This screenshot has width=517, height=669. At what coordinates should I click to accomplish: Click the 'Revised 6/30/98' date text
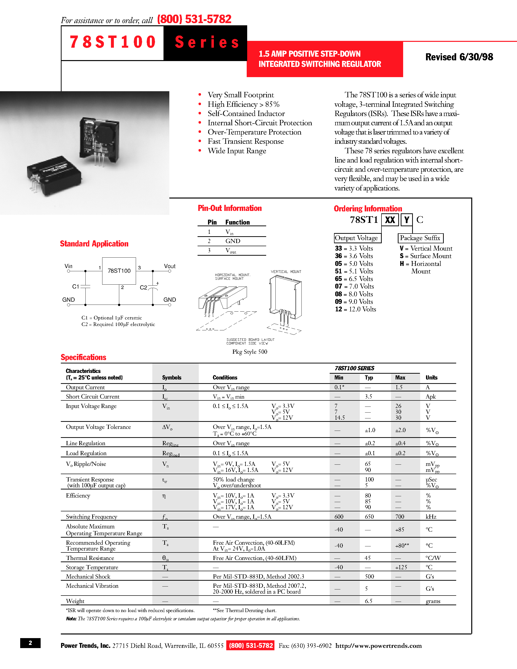459,57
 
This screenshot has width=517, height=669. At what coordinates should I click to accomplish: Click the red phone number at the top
194,19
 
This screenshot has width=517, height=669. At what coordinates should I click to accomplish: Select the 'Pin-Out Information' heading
229,208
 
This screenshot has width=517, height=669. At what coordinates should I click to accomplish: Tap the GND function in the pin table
233,241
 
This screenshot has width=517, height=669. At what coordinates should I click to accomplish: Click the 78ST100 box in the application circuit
119,271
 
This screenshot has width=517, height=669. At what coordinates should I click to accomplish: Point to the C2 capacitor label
143,288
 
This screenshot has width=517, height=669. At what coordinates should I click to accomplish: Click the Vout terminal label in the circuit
169,266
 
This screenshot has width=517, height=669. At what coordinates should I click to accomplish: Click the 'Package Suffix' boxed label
420,238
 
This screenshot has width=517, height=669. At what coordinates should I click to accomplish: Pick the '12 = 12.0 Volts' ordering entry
355,309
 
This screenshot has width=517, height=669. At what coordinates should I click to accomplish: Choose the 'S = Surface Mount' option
426,256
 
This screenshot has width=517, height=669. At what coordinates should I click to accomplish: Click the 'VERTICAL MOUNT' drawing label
286,272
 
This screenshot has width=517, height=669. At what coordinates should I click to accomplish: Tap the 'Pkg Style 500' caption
250,352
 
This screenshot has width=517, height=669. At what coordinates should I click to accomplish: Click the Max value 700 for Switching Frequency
399,517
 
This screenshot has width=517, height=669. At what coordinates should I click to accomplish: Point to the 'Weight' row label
75,601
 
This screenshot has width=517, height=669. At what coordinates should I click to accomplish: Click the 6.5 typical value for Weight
368,601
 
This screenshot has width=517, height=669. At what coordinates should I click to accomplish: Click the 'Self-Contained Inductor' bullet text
246,114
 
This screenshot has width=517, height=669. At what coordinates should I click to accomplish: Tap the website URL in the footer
378,646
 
